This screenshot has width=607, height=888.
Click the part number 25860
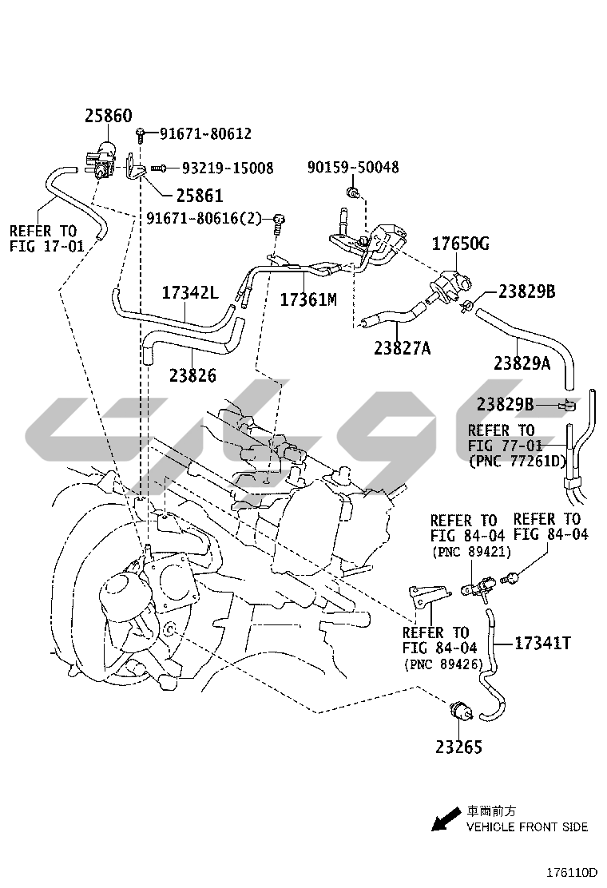(x=109, y=117)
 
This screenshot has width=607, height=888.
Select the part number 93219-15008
(x=228, y=168)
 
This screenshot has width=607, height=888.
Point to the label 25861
(x=200, y=196)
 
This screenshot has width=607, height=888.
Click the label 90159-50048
(x=353, y=168)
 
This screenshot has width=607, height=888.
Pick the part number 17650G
(x=461, y=244)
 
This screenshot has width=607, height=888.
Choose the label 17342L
(x=190, y=292)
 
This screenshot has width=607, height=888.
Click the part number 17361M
(x=308, y=299)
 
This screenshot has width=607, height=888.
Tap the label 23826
(x=192, y=375)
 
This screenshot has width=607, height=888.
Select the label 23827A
(x=402, y=348)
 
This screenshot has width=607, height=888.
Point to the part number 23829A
(x=522, y=363)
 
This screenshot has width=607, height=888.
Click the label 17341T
(x=542, y=642)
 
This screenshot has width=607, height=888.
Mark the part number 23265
(x=459, y=747)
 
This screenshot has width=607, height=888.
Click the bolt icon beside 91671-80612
(x=141, y=133)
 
